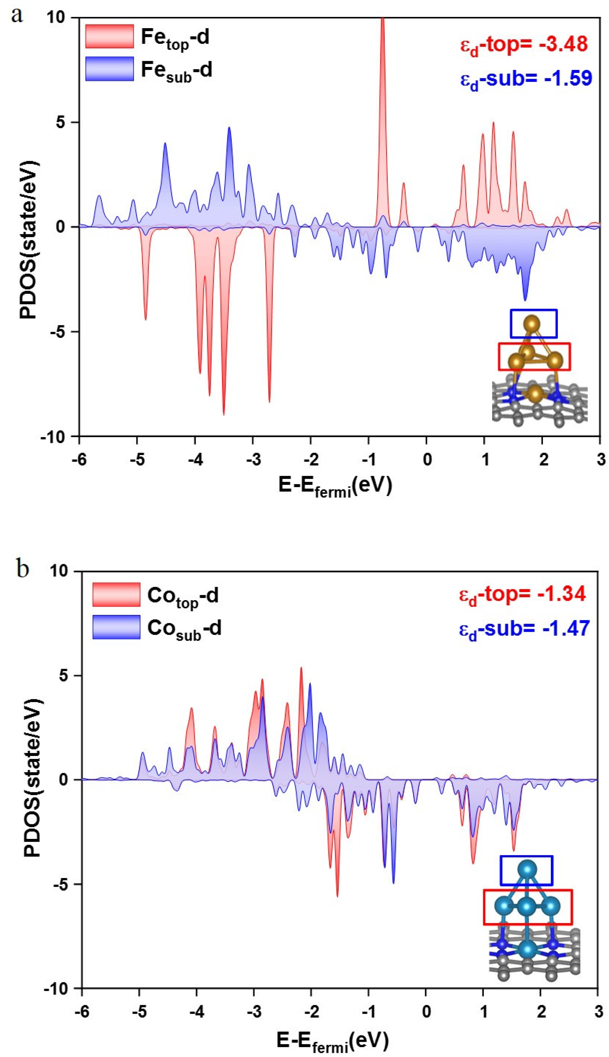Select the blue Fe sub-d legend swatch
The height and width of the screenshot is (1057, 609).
pos(109,69)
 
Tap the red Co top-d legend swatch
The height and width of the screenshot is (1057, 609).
pos(116,594)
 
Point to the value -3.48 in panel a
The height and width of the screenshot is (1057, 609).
pos(563,44)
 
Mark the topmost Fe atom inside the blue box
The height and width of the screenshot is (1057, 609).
pos(532,323)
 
